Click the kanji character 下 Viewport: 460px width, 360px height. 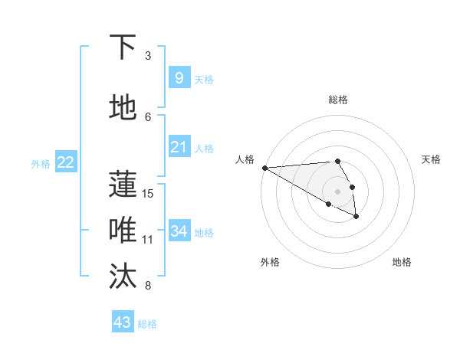123,47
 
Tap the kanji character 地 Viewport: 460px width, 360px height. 123,108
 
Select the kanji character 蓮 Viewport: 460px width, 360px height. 123,185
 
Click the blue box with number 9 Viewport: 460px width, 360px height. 179,77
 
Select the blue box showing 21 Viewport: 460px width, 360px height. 179,146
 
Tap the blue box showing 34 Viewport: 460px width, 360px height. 179,231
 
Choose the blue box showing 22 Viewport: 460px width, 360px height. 66,162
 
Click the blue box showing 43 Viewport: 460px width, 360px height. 123,322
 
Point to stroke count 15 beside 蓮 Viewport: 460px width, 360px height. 148,193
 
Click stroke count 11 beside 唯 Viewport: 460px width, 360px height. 148,239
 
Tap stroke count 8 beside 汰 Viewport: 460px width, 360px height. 148,286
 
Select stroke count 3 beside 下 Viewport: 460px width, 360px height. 148,56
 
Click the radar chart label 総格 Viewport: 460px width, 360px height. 338,100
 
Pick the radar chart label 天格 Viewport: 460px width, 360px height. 432,159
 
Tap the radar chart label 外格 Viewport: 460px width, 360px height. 270,262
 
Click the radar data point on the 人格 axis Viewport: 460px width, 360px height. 264,168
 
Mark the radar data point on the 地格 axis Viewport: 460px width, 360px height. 356,217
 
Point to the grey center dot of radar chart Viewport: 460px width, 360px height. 338,191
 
